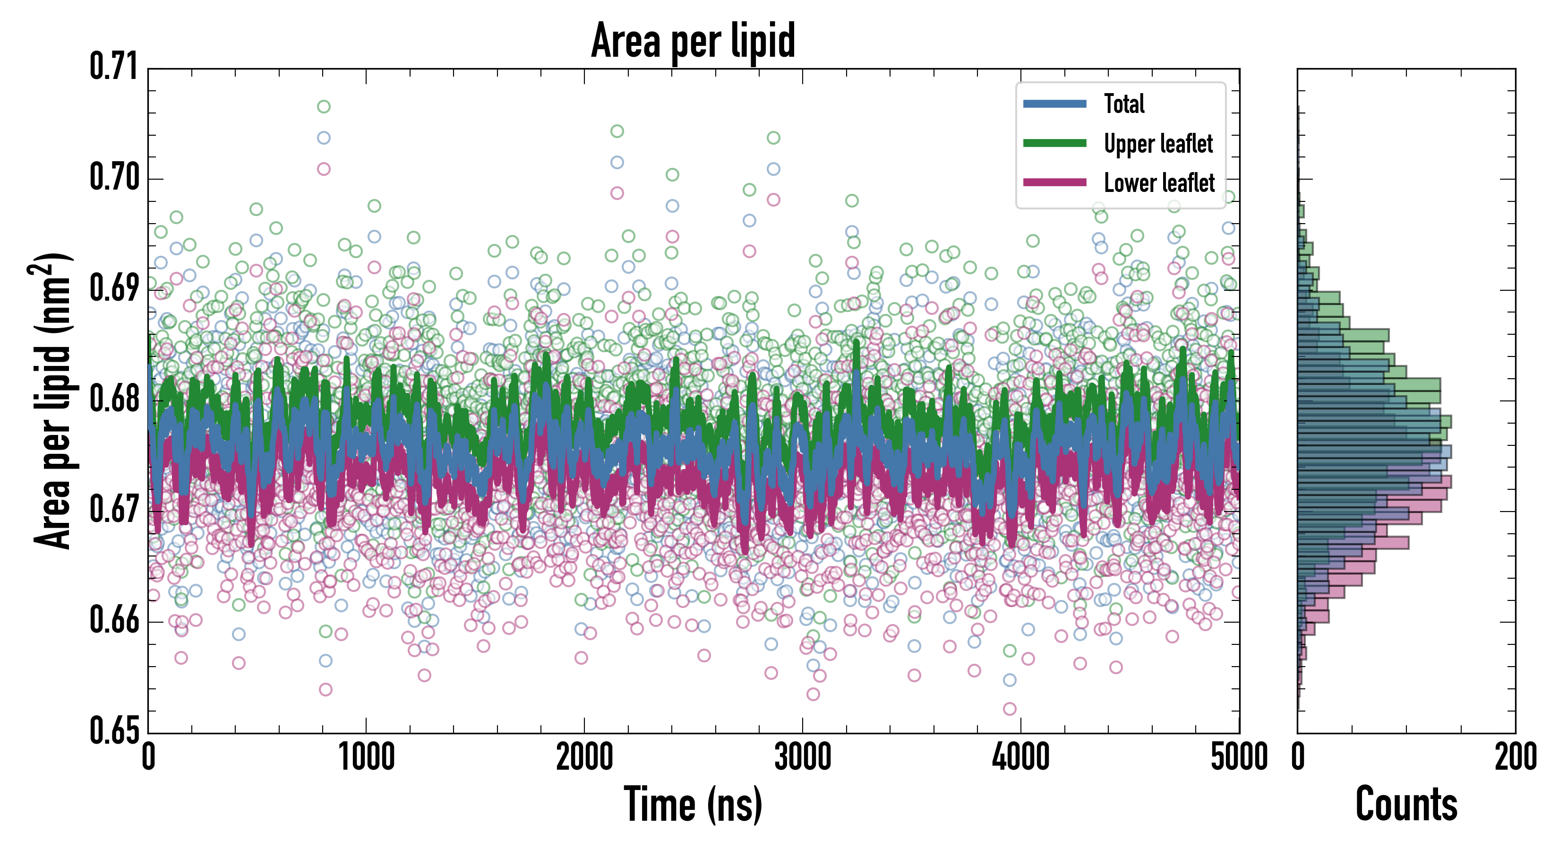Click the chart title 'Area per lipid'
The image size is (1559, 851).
click(693, 41)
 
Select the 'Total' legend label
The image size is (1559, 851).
click(1124, 104)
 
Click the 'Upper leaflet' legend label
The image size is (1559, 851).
click(1158, 144)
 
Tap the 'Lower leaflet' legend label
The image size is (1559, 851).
click(1159, 182)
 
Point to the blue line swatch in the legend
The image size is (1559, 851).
click(1054, 104)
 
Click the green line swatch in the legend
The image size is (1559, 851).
click(1054, 143)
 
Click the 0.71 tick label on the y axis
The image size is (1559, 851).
click(114, 67)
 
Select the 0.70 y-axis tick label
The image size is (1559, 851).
click(114, 177)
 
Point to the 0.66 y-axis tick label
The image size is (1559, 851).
click(114, 620)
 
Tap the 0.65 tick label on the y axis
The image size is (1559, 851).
click(114, 730)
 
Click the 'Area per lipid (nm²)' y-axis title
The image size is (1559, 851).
click(52, 401)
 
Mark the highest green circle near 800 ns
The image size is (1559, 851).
click(324, 106)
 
